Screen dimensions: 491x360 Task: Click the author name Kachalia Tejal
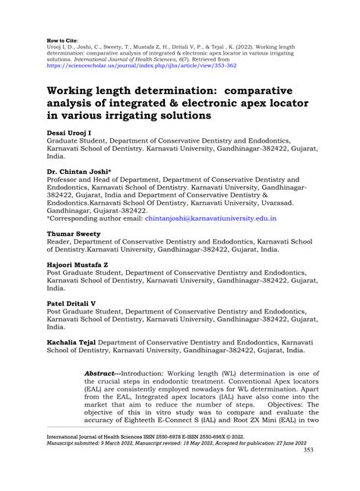tap(79, 342)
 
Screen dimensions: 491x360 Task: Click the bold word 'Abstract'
tap(100, 374)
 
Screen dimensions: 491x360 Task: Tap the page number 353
tap(308, 471)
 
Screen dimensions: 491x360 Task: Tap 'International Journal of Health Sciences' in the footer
tap(97, 458)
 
